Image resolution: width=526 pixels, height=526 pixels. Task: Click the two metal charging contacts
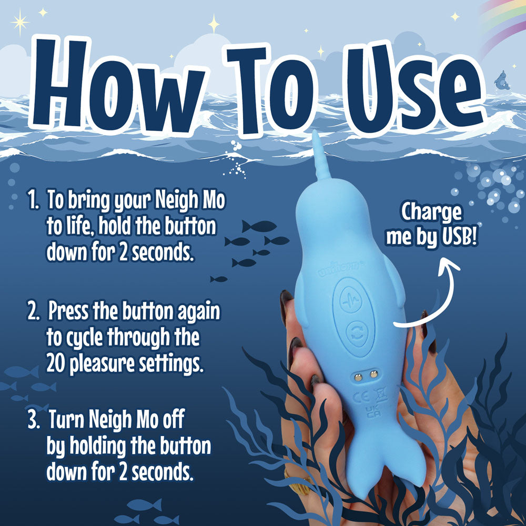click(x=367, y=374)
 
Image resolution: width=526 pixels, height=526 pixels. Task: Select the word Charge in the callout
click(x=431, y=213)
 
